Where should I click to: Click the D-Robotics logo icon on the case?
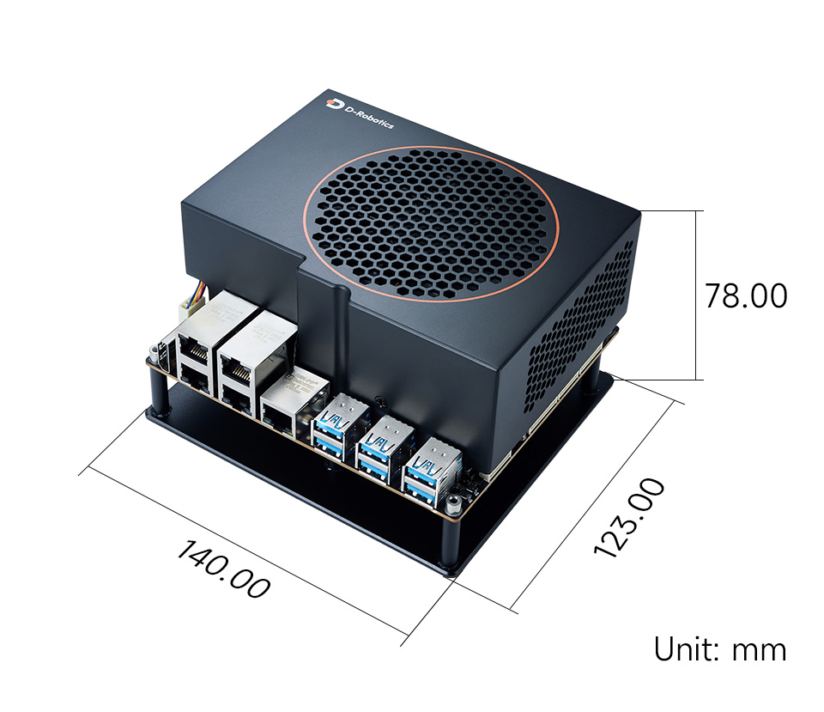[x=334, y=103]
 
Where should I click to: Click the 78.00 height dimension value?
[x=746, y=295]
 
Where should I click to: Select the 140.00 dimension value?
[x=224, y=569]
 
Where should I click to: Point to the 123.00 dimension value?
[x=629, y=517]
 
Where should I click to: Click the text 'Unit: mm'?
[x=720, y=649]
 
